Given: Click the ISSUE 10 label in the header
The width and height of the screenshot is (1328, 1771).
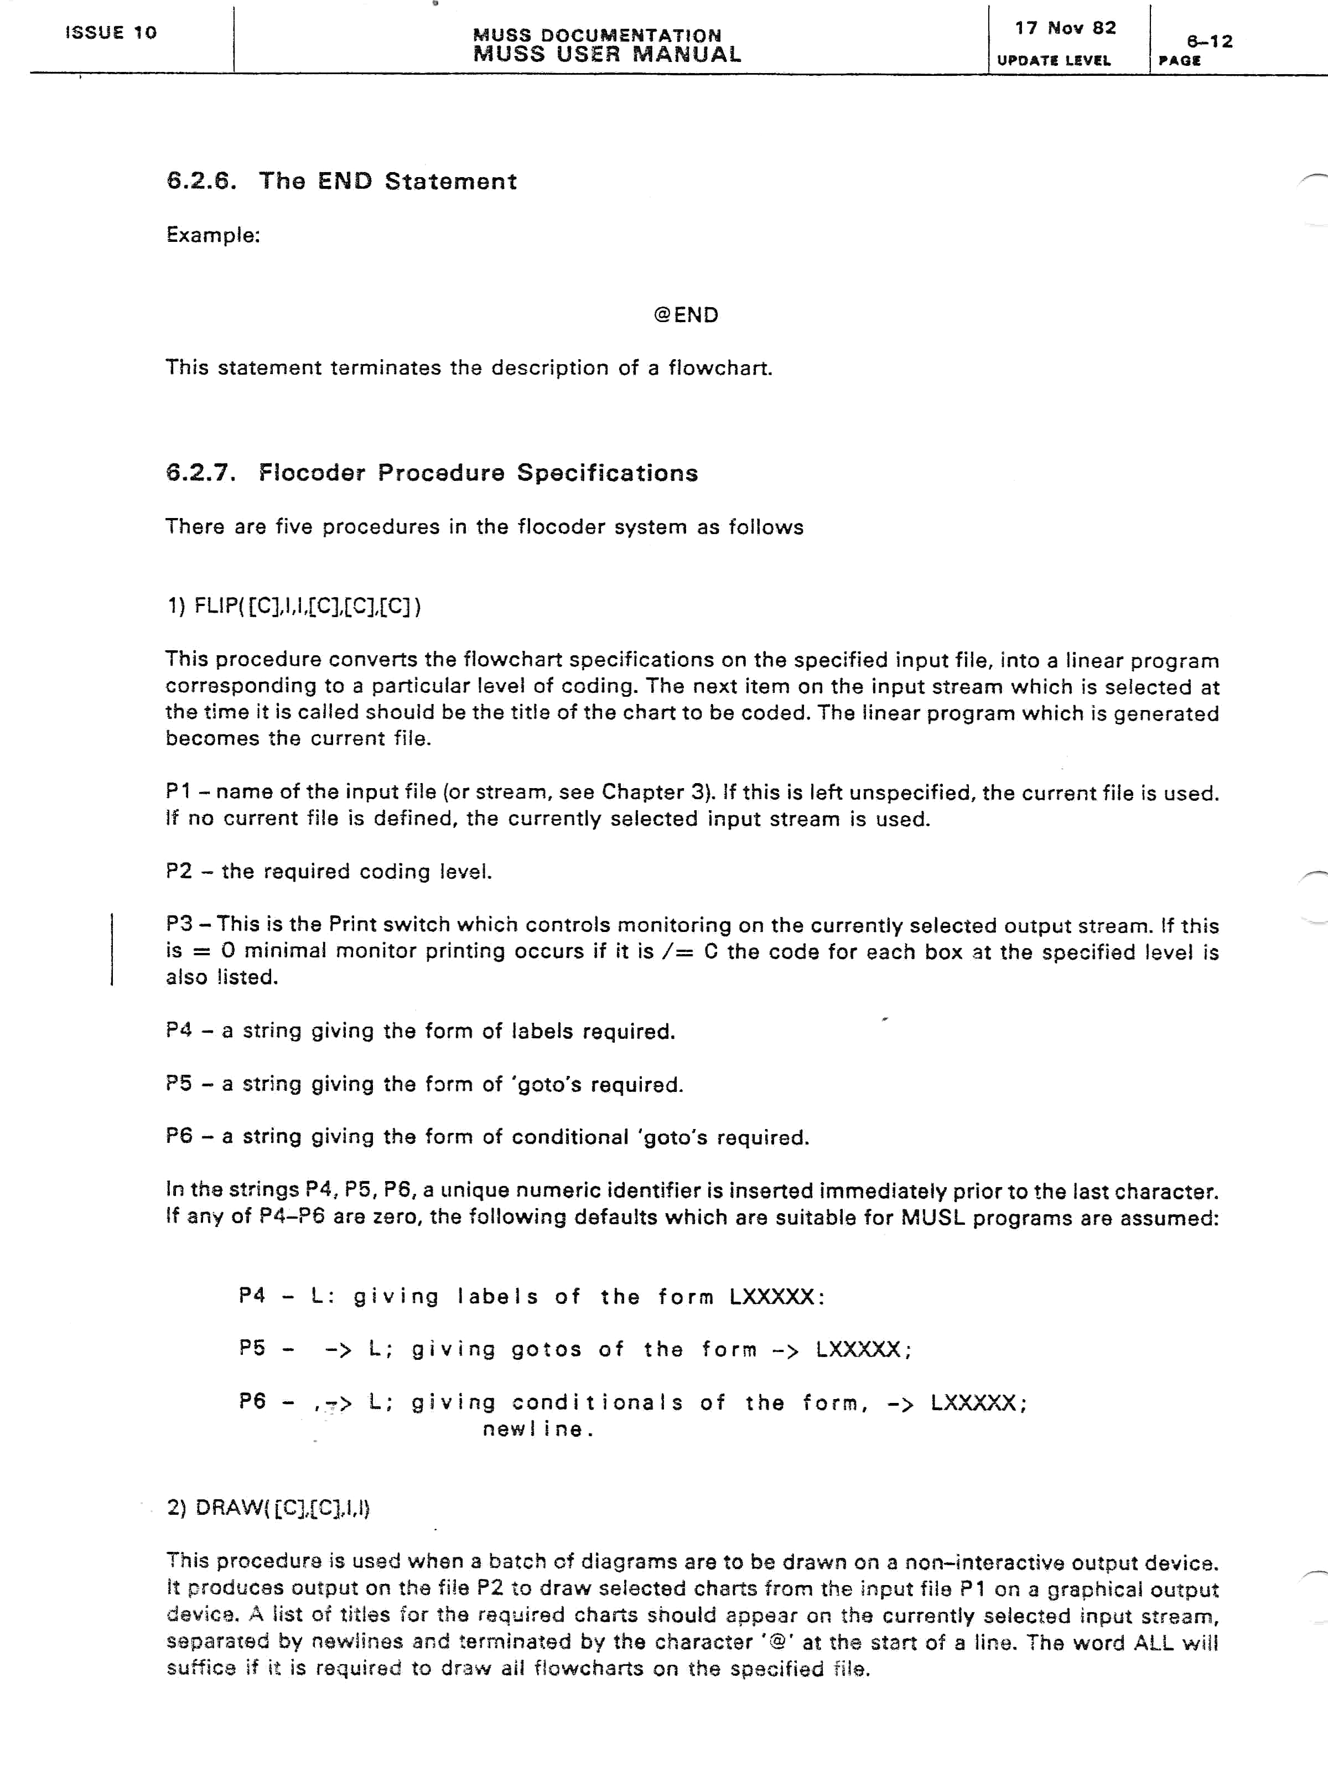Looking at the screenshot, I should (111, 33).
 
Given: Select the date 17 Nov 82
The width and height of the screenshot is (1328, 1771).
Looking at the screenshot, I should (1065, 28).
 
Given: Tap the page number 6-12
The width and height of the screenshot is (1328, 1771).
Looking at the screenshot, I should (1210, 42).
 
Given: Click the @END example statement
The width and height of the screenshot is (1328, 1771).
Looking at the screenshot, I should (686, 315).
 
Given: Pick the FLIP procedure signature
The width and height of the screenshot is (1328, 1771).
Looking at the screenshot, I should (294, 605).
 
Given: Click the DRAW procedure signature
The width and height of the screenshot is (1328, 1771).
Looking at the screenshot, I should (269, 1508).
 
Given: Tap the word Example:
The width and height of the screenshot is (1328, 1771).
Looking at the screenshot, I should (213, 235).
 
